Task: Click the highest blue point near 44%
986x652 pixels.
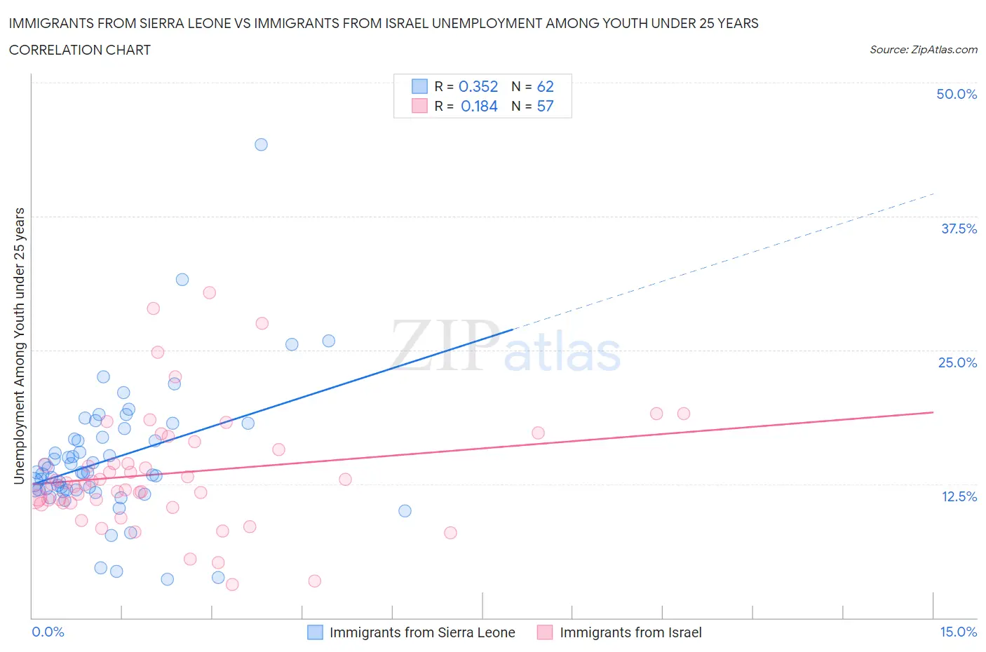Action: pyautogui.click(x=261, y=144)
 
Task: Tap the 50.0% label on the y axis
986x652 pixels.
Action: pyautogui.click(x=957, y=94)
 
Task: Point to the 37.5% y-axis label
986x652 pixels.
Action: pyautogui.click(x=959, y=229)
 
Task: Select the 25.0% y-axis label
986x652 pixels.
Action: pyautogui.click(x=957, y=362)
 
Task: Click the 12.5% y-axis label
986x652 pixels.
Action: pyautogui.click(x=959, y=496)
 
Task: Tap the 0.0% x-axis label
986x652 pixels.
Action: pyautogui.click(x=48, y=632)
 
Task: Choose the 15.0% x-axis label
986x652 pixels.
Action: pyautogui.click(x=958, y=632)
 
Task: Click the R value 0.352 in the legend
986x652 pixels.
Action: pyautogui.click(x=478, y=86)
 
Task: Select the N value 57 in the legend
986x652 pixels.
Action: pyautogui.click(x=545, y=106)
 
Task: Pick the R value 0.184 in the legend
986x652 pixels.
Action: pyautogui.click(x=479, y=106)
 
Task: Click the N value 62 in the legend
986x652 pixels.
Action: pyautogui.click(x=545, y=86)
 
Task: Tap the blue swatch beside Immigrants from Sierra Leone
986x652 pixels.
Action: pyautogui.click(x=316, y=632)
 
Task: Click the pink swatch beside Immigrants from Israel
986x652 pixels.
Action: pyautogui.click(x=545, y=632)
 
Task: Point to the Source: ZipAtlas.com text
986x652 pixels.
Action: pyautogui.click(x=923, y=50)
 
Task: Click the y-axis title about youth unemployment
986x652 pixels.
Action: pyautogui.click(x=19, y=346)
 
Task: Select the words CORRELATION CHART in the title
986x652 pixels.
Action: pyautogui.click(x=80, y=50)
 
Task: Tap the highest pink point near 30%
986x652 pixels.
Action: pyautogui.click(x=209, y=293)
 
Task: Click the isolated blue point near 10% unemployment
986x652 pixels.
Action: pyautogui.click(x=405, y=510)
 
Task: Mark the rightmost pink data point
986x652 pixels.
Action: pyautogui.click(x=684, y=414)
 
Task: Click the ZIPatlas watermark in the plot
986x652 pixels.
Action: pyautogui.click(x=505, y=348)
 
